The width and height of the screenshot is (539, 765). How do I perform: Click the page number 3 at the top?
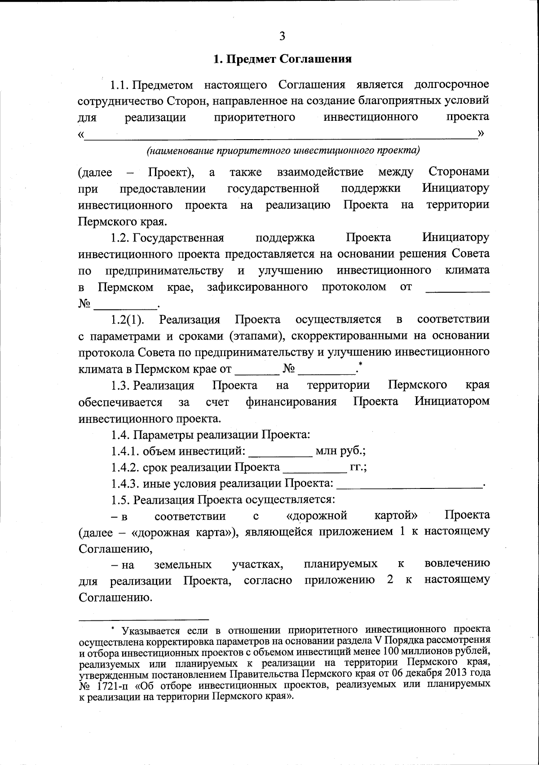click(282, 36)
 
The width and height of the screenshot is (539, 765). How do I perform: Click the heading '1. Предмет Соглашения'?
click(282, 59)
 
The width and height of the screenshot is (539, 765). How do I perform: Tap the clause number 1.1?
click(120, 85)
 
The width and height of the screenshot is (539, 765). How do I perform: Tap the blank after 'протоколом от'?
click(457, 290)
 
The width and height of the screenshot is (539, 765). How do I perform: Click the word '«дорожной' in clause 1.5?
click(318, 515)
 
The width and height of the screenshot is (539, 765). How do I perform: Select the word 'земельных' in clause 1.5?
click(183, 564)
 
